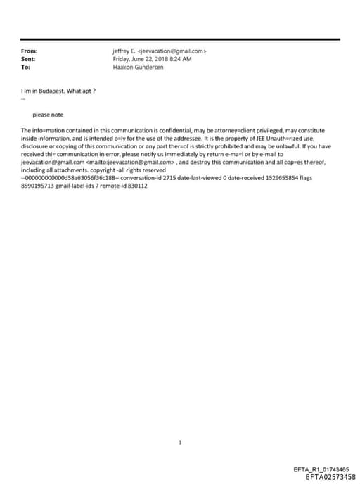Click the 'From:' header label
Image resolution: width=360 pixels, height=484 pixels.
pyautogui.click(x=29, y=51)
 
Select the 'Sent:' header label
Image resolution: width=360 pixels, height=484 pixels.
pyautogui.click(x=28, y=59)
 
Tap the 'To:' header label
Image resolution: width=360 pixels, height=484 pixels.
pyautogui.click(x=25, y=67)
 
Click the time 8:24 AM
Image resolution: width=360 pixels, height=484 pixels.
pyautogui.click(x=181, y=59)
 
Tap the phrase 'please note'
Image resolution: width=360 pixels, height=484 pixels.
pyautogui.click(x=48, y=115)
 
